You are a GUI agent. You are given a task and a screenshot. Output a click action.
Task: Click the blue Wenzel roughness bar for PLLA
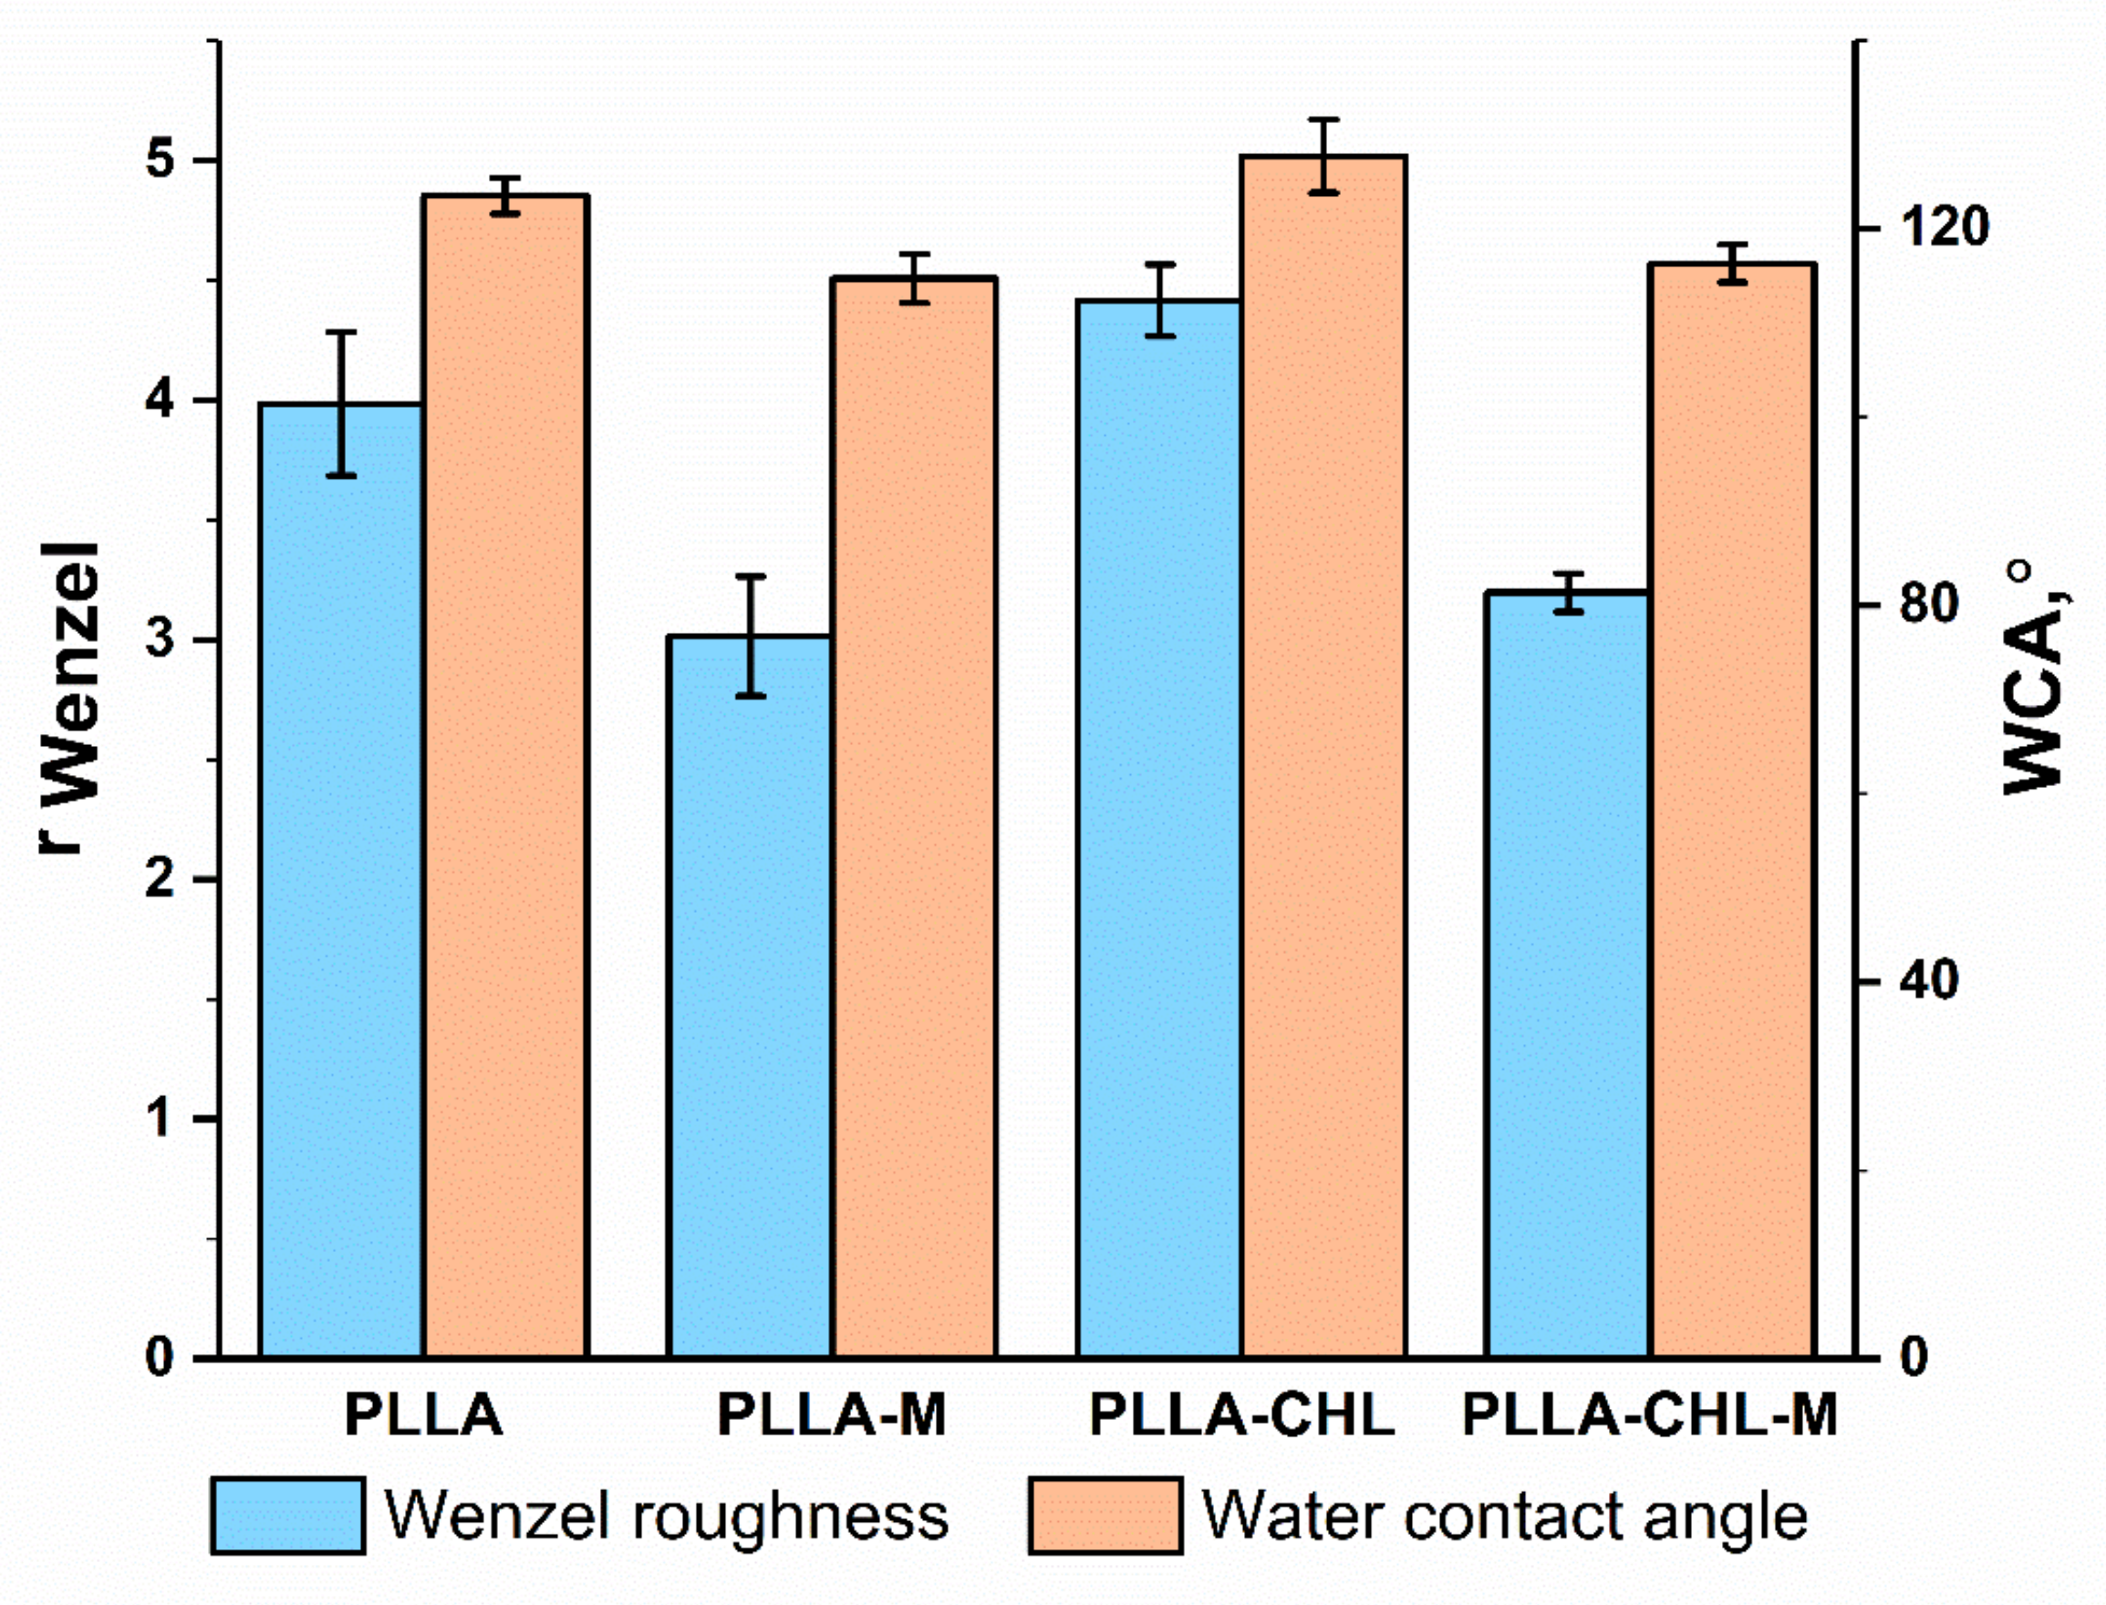pyautogui.click(x=341, y=879)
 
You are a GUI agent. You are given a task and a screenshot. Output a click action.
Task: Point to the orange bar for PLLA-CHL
pyautogui.click(x=1323, y=756)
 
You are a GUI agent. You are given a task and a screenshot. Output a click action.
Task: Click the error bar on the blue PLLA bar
pyautogui.click(x=341, y=403)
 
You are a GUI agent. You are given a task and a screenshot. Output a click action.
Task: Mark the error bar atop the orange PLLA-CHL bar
pyautogui.click(x=1323, y=156)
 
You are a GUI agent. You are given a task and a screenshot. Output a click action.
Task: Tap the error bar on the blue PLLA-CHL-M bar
pyautogui.click(x=1568, y=593)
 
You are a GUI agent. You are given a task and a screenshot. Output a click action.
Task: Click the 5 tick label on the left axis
pyautogui.click(x=161, y=160)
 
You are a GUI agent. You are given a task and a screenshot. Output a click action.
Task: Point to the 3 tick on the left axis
pyautogui.click(x=161, y=639)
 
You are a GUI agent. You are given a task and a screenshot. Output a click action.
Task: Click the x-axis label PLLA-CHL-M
pyautogui.click(x=1649, y=1416)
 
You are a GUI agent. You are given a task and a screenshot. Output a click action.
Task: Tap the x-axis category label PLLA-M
pyautogui.click(x=831, y=1416)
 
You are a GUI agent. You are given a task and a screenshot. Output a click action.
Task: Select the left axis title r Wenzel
pyautogui.click(x=72, y=698)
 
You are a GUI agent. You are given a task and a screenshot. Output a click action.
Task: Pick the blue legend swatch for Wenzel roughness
pyautogui.click(x=287, y=1517)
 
